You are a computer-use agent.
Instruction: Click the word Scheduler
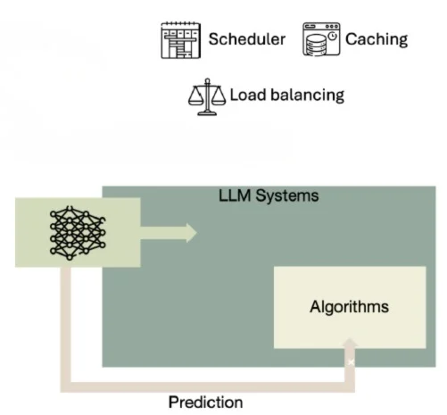click(247, 38)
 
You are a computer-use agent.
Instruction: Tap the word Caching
click(377, 38)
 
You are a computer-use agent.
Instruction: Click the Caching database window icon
click(321, 39)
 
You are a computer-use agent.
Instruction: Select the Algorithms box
click(349, 308)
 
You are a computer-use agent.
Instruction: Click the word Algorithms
click(349, 307)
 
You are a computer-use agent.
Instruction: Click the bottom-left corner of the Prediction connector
click(66, 385)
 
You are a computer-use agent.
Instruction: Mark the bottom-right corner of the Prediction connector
click(349, 385)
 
